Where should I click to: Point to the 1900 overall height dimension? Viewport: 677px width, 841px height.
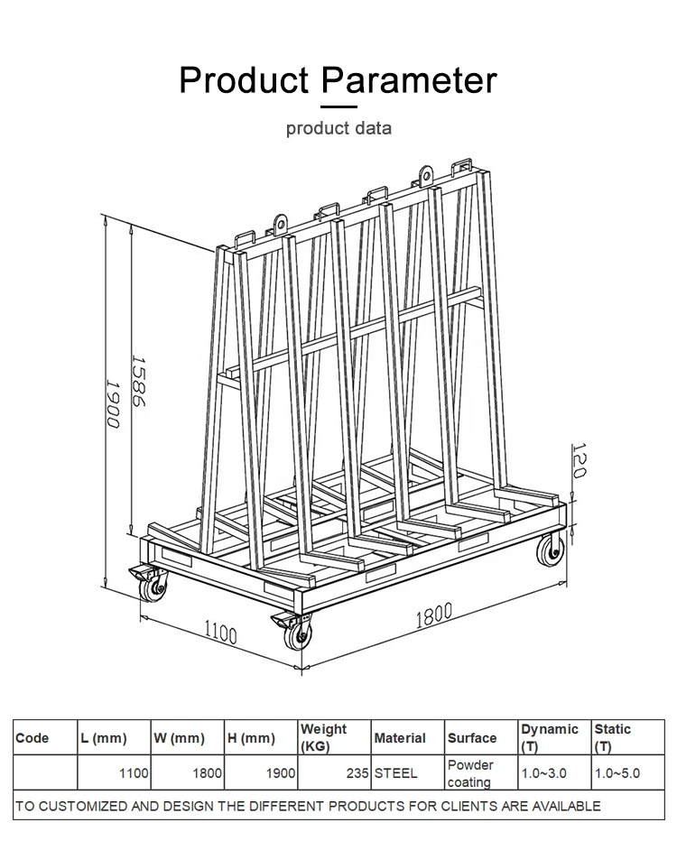click(x=112, y=403)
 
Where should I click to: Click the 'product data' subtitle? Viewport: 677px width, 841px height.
click(x=338, y=128)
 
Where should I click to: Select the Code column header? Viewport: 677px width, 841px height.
click(x=32, y=738)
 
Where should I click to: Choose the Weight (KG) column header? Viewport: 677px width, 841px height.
click(x=323, y=737)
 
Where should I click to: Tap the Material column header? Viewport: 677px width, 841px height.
click(x=399, y=738)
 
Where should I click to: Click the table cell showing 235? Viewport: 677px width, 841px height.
click(x=357, y=773)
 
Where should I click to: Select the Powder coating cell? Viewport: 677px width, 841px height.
click(x=470, y=773)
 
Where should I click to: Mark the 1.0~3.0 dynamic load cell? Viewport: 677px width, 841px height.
click(x=543, y=773)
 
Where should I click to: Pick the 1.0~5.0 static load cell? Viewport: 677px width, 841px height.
click(x=617, y=773)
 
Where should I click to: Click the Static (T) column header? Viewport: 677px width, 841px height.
click(x=612, y=737)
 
